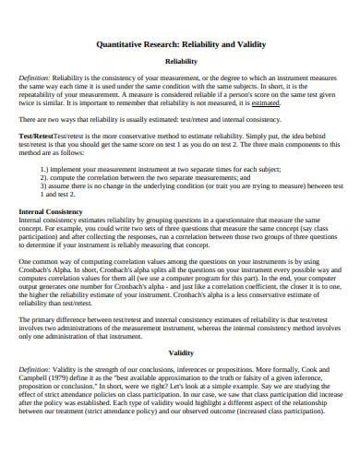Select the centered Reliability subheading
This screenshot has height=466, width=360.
179,62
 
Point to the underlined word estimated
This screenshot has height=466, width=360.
266,104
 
